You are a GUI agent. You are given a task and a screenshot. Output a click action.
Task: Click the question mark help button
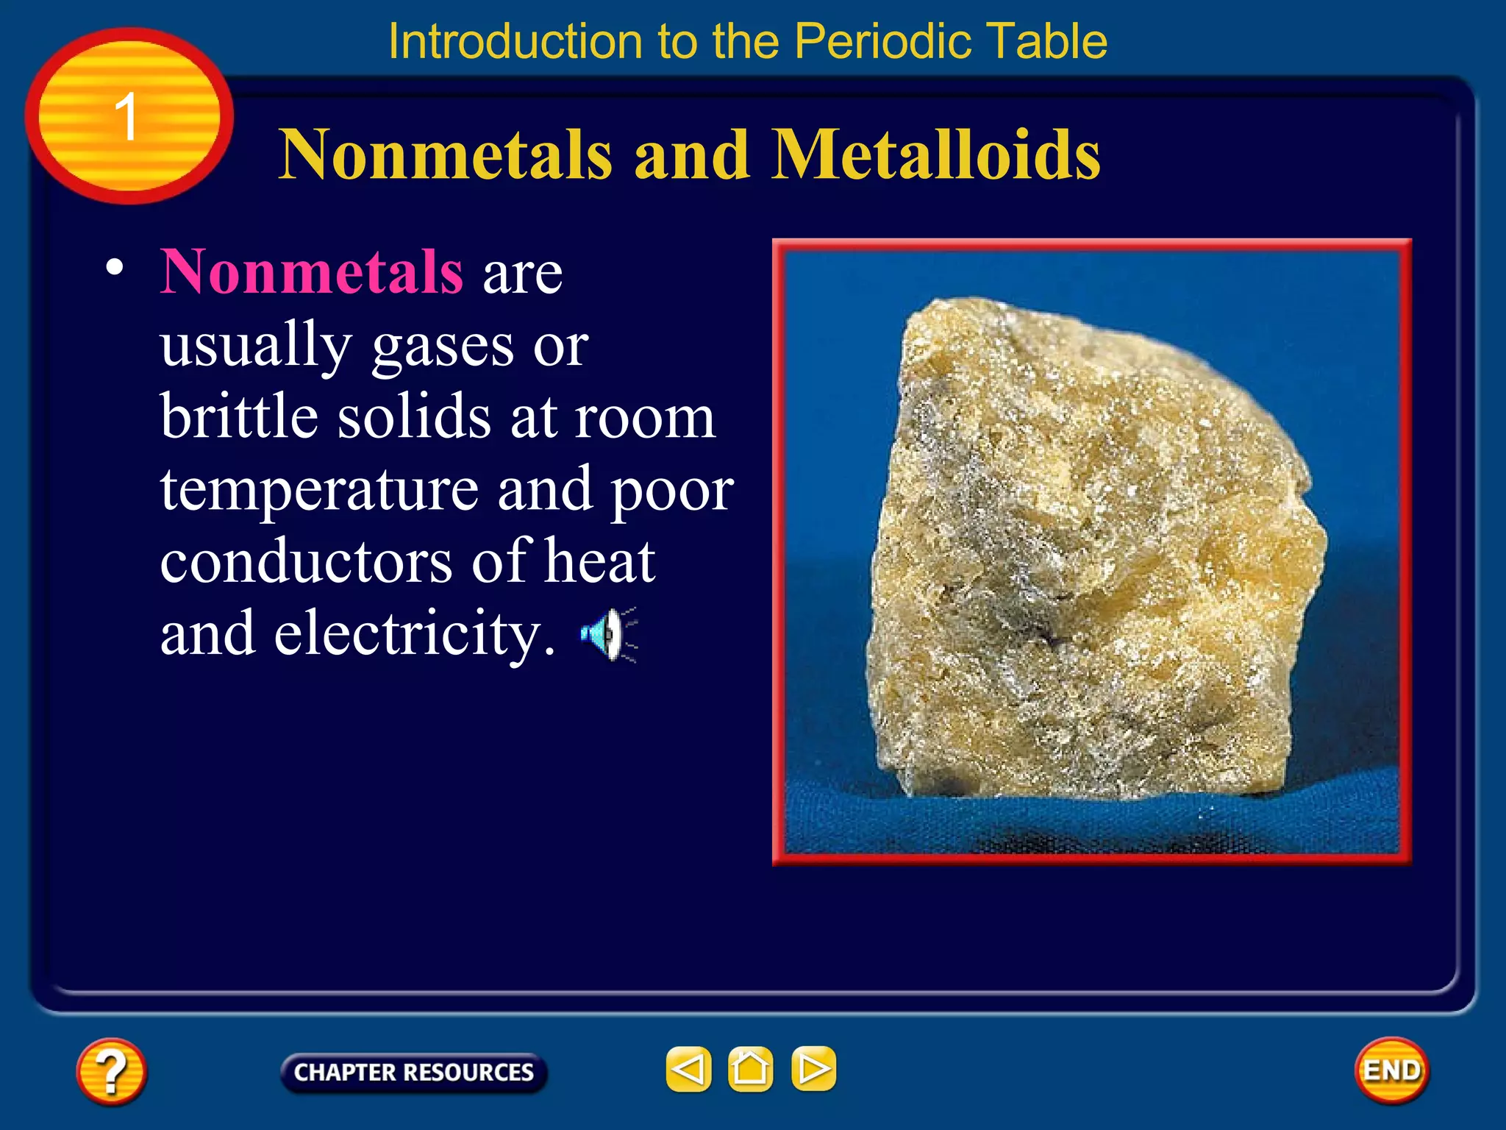(111, 1071)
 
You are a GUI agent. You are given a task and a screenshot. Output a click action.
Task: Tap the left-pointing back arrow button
(688, 1069)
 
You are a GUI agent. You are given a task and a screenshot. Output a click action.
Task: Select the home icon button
(750, 1069)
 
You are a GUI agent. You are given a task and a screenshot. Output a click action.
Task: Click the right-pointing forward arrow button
(813, 1069)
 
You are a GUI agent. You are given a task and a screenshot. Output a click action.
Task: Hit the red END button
(1391, 1070)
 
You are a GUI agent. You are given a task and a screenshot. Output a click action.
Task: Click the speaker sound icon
(607, 634)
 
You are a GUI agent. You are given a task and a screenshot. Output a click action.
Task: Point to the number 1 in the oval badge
(126, 117)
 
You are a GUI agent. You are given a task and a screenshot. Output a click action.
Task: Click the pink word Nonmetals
(312, 272)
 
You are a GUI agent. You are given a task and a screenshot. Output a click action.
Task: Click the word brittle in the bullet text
(240, 416)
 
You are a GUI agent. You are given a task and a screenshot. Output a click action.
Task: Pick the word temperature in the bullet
(319, 490)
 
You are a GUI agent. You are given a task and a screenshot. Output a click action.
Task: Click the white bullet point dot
(114, 266)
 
